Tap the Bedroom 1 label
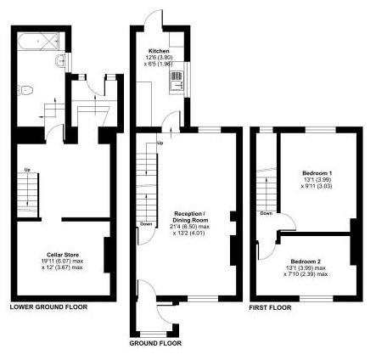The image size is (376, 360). [317, 173]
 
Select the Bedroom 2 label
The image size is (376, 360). [306, 261]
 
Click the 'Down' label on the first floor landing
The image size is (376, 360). [267, 213]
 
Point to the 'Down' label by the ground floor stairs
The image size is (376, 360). [146, 225]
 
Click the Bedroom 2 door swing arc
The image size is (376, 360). [268, 244]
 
